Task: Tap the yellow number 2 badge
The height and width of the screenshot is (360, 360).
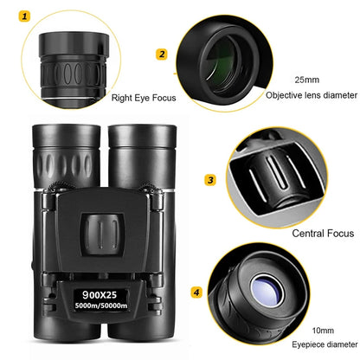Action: click(x=162, y=55)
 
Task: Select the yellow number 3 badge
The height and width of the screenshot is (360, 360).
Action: click(x=209, y=181)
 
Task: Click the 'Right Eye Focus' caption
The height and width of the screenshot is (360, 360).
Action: click(x=143, y=98)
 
